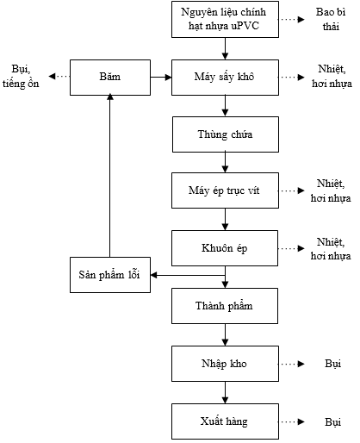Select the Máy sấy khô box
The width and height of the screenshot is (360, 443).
[225, 77]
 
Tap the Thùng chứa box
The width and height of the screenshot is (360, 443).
[225, 134]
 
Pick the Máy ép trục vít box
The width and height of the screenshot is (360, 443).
[225, 190]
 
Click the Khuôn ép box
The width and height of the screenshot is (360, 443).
[225, 247]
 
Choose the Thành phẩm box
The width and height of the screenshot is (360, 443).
[225, 305]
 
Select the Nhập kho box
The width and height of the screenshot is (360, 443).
[225, 364]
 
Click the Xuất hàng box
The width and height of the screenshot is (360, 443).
[225, 421]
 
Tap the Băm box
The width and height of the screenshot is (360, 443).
[109, 77]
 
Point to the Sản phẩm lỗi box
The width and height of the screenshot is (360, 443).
[109, 275]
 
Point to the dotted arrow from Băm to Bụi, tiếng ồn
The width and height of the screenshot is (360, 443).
[59, 77]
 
